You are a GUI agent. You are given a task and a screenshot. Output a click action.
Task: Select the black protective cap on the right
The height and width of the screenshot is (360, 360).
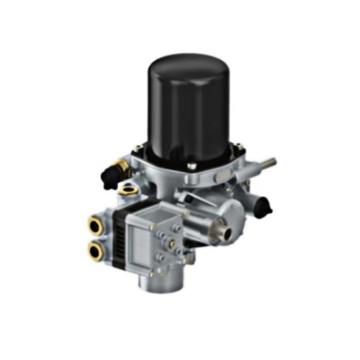(264, 205)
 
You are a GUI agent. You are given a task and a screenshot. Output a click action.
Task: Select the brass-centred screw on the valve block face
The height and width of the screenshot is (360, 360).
(173, 243)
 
